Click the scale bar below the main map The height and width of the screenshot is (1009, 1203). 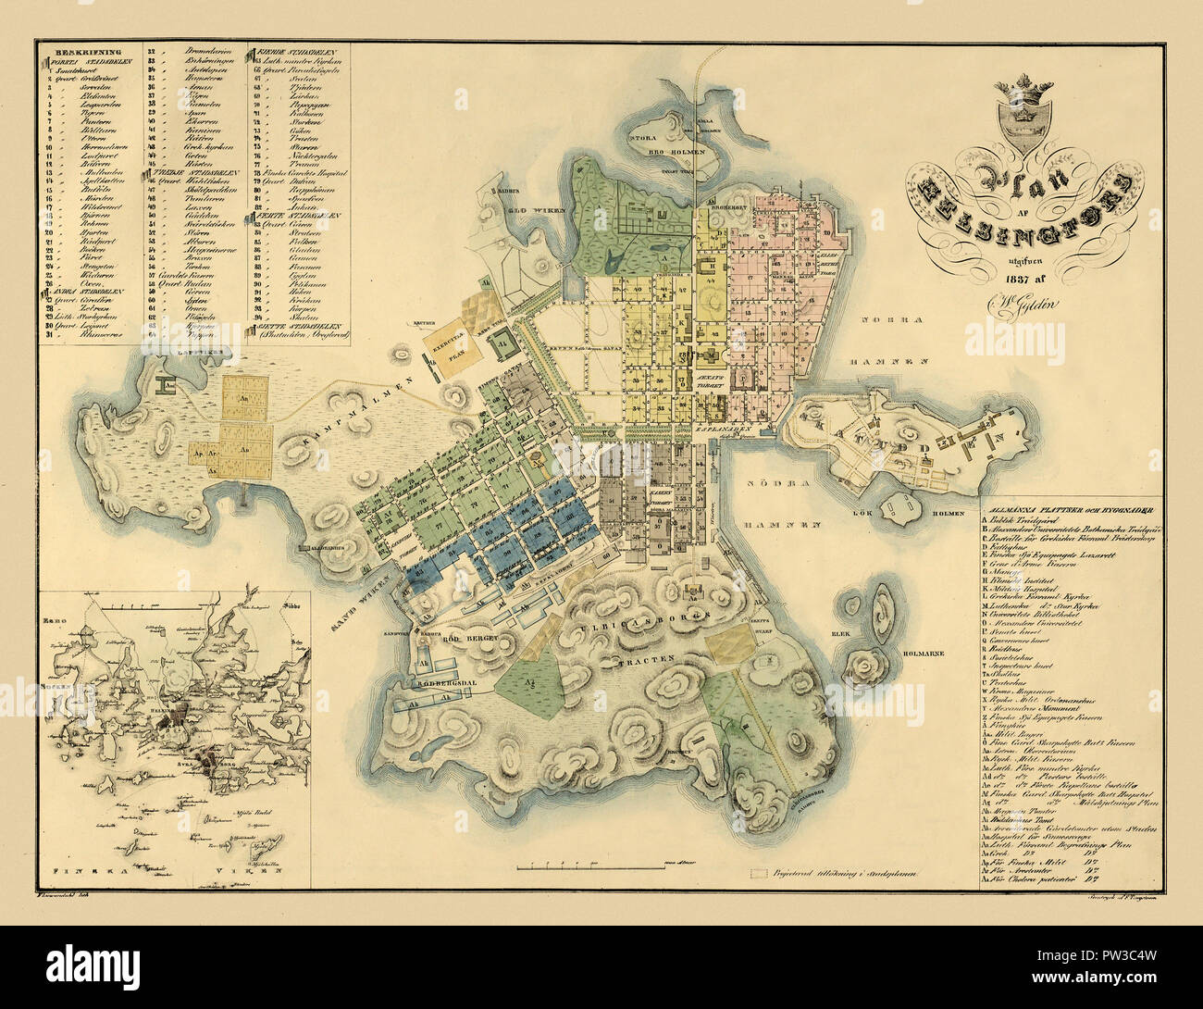592,867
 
